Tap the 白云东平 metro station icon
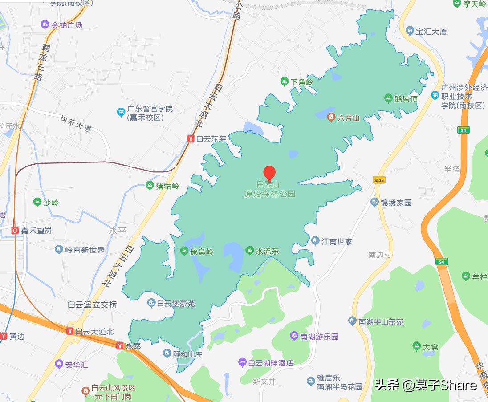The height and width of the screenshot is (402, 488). click(190, 139)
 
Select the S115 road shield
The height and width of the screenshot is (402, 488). click(379, 180)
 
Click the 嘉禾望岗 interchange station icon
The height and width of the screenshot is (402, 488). click(15, 231)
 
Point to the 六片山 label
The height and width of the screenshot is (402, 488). click(348, 118)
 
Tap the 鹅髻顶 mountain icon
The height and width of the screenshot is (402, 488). click(388, 98)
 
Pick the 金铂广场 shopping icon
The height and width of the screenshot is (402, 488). click(45, 25)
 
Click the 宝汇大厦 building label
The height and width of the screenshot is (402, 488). click(431, 32)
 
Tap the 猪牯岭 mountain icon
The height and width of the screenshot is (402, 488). click(150, 186)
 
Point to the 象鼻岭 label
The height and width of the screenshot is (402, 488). click(202, 252)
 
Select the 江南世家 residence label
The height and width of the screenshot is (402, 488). click(337, 241)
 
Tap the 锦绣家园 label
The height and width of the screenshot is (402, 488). click(396, 203)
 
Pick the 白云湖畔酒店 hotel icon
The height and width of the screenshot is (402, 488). click(242, 362)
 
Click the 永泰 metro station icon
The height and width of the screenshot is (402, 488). click(119, 345)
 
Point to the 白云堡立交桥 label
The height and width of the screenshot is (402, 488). click(92, 305)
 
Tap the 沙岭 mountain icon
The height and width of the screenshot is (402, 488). click(37, 203)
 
